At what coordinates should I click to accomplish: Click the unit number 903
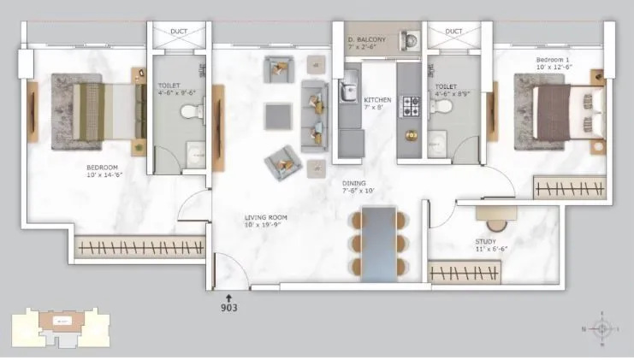(228, 307)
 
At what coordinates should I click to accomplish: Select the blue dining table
(378, 243)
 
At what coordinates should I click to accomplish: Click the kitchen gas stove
(411, 106)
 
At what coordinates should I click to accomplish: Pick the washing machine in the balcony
(408, 40)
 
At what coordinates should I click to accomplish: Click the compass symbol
(603, 328)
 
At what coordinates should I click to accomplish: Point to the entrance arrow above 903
(228, 295)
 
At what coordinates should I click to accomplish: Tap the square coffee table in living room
(277, 115)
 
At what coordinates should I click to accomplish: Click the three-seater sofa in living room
(314, 116)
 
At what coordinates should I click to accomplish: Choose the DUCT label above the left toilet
(179, 32)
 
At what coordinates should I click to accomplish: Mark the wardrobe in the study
(463, 273)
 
